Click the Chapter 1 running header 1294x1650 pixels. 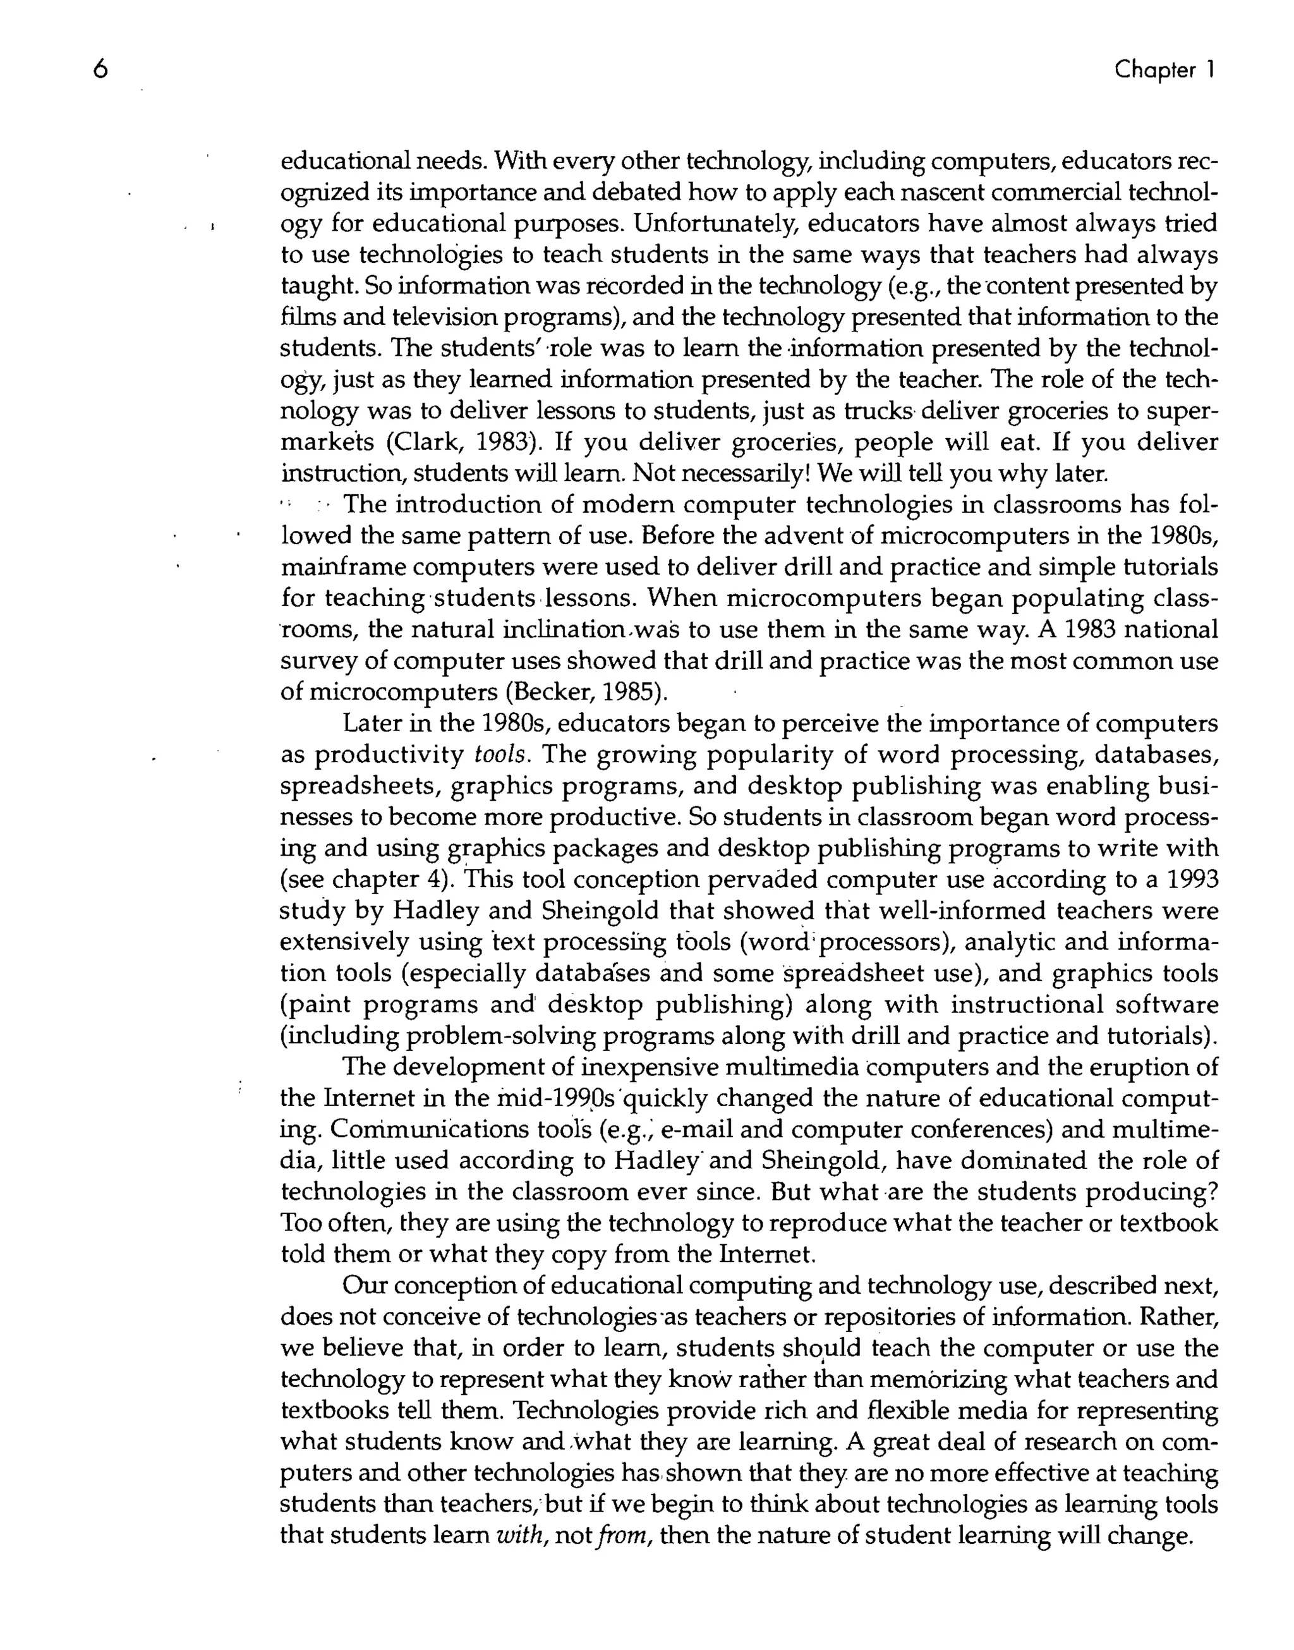1164,70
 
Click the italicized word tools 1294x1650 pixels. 499,755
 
